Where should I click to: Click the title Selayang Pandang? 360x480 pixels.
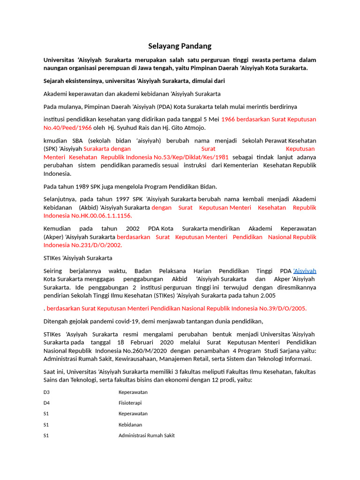point(180,46)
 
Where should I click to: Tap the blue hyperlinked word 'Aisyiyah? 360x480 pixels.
point(305,271)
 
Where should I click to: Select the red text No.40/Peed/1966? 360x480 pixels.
point(67,127)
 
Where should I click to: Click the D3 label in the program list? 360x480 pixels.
point(46,392)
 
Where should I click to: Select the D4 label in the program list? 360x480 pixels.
point(46,403)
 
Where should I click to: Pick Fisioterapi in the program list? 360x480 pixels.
point(130,403)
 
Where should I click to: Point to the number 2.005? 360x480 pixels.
point(268,296)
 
